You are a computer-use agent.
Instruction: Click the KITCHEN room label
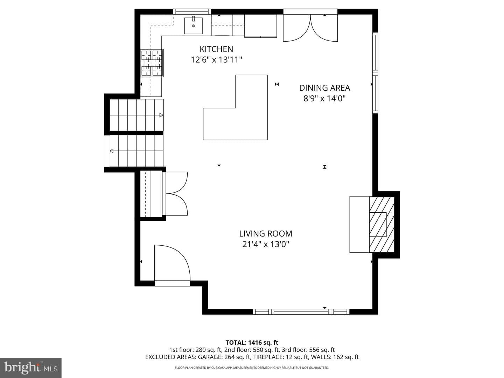[x=216, y=49]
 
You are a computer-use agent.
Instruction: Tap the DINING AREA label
[x=324, y=88]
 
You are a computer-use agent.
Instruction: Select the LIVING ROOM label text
[x=266, y=234]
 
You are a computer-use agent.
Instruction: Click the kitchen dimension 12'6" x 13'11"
[x=217, y=60]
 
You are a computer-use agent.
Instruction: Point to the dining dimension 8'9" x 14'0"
[x=324, y=99]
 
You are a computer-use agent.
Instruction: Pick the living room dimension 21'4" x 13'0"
[x=266, y=244]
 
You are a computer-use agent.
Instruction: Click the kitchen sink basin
[x=193, y=26]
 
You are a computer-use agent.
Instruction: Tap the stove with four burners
[x=152, y=63]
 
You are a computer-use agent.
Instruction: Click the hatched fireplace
[x=381, y=224]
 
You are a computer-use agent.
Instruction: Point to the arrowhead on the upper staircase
[x=161, y=115]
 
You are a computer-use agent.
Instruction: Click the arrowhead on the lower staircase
[x=112, y=151]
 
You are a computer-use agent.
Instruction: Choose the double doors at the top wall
[x=310, y=28]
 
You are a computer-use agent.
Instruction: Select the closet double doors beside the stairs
[x=176, y=194]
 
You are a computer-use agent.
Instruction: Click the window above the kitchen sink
[x=192, y=12]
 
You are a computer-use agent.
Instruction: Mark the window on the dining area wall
[x=375, y=73]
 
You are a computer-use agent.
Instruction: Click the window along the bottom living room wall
[x=301, y=311]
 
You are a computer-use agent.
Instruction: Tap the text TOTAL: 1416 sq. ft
[x=252, y=343]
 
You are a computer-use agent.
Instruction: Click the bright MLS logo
[x=31, y=367]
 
